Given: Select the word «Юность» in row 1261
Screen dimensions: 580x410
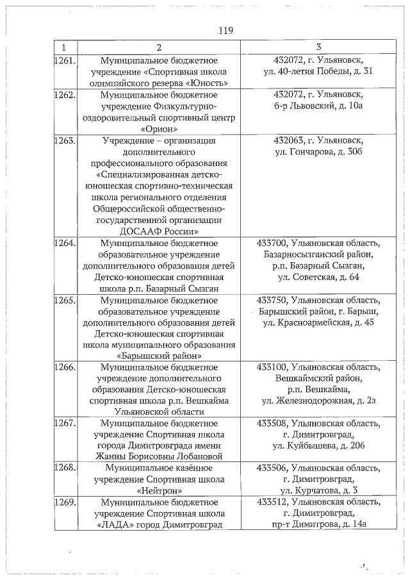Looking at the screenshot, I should coord(209,83).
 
